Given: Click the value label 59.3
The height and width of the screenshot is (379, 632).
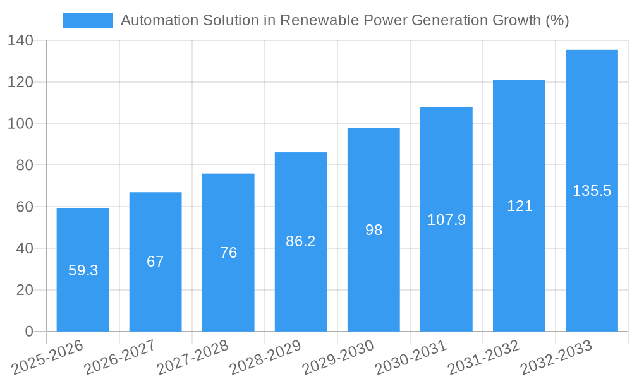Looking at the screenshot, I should pyautogui.click(x=83, y=270).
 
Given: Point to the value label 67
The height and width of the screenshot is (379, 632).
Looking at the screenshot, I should pyautogui.click(x=155, y=262).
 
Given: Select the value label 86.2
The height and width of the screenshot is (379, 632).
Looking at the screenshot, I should pyautogui.click(x=301, y=241).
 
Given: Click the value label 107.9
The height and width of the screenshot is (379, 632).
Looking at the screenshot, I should pyautogui.click(x=446, y=220).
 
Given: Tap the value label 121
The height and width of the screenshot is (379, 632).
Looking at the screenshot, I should pyautogui.click(x=520, y=206).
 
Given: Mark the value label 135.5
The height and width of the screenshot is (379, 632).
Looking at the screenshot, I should pyautogui.click(x=592, y=191).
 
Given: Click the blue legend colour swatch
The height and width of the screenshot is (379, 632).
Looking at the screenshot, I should pyautogui.click(x=88, y=20).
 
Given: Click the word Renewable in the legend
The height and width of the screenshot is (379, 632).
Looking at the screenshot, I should pyautogui.click(x=319, y=20).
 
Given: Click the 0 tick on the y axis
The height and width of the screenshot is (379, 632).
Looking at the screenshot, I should pyautogui.click(x=28, y=332).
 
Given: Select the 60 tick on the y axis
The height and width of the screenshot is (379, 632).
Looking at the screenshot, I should pyautogui.click(x=24, y=207).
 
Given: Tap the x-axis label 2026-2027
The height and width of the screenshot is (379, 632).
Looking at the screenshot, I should pyautogui.click(x=119, y=356).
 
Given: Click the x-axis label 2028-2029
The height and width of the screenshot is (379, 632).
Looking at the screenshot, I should pyautogui.click(x=265, y=356).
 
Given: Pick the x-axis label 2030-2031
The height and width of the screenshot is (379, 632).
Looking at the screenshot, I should pyautogui.click(x=410, y=356).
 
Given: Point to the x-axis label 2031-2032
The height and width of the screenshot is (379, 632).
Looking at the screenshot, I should pyautogui.click(x=483, y=356).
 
